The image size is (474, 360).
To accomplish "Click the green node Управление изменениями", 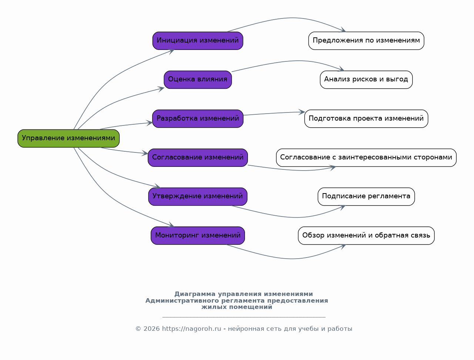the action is (68, 138).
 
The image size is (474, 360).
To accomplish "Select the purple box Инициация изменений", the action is (198, 41).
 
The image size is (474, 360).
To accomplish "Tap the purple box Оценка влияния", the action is (198, 80).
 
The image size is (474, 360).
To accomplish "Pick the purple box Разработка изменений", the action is (198, 119).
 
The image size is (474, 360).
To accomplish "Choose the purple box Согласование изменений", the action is (198, 158).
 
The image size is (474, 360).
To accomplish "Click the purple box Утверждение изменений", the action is (198, 196).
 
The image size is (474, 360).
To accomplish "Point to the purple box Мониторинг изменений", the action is (198, 235).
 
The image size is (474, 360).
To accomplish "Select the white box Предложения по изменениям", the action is (366, 41).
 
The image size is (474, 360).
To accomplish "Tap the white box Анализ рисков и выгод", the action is (366, 80).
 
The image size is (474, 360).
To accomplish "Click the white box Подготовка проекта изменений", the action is (366, 119).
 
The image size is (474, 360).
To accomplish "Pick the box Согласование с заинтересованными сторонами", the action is (366, 158).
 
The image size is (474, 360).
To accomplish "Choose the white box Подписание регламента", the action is (366, 196).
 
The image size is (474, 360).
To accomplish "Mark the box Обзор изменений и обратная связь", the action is (366, 235).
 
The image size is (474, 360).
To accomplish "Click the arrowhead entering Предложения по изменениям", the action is (343, 30).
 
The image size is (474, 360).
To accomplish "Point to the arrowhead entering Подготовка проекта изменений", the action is (302, 112).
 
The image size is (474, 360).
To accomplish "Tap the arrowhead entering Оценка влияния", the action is (161, 89).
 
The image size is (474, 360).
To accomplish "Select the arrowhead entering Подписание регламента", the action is (343, 208).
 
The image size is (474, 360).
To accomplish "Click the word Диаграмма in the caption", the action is (195, 294).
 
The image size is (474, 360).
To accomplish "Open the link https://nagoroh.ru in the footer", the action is (192, 329).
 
